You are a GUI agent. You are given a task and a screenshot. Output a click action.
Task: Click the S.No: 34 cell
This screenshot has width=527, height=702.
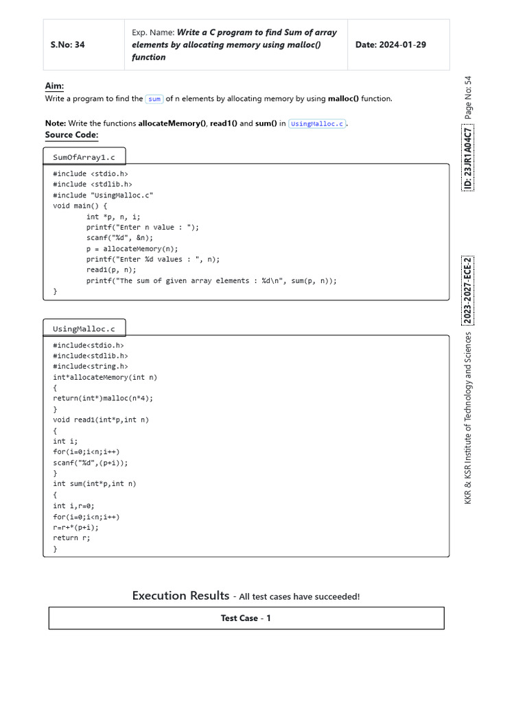[67, 45]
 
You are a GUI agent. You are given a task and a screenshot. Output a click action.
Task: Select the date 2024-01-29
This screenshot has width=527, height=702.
[390, 45]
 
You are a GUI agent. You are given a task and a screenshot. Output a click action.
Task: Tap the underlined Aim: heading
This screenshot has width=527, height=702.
[54, 86]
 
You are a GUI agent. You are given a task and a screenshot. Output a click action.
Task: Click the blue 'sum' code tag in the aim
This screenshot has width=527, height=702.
[154, 99]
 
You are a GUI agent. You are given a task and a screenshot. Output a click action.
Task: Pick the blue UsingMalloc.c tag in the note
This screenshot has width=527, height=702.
[318, 123]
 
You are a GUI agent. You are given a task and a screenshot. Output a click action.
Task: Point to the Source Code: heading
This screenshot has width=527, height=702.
[71, 135]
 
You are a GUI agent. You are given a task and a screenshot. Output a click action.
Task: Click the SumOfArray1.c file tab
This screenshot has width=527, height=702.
[84, 157]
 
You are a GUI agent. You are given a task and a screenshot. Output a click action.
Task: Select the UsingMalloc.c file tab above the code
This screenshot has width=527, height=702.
[84, 328]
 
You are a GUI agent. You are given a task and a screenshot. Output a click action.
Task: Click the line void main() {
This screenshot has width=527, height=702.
[80, 206]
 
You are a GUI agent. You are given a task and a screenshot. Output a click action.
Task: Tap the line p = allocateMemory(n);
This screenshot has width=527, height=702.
[132, 249]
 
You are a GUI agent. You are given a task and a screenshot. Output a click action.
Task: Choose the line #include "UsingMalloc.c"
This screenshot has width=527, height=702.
[103, 195]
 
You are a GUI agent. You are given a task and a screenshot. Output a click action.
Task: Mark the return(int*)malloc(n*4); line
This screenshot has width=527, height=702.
[103, 398]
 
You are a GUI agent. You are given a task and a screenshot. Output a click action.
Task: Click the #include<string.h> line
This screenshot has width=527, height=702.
[90, 367]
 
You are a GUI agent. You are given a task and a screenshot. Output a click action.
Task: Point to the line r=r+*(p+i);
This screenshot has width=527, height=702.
[75, 527]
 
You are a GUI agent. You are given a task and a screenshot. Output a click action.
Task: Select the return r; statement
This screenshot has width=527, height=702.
[71, 538]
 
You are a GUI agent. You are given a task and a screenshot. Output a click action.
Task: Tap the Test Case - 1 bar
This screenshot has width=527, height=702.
[246, 618]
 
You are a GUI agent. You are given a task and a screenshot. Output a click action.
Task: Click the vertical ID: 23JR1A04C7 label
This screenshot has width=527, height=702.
[467, 158]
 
